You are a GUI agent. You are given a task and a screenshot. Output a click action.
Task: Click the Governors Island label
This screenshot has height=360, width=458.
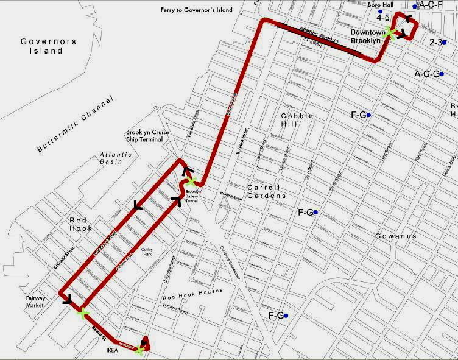point(48,46)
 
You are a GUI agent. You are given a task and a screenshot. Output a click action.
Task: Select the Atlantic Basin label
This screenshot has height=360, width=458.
point(116,158)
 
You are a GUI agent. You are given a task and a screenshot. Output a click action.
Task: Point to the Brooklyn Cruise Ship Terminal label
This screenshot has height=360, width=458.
point(144,136)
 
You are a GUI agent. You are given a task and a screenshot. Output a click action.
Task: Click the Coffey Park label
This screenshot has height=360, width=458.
point(149,252)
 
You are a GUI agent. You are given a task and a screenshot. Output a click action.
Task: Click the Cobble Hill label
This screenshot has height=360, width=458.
point(297,119)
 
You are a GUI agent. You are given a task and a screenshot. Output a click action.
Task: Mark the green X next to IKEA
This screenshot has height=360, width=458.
point(139,350)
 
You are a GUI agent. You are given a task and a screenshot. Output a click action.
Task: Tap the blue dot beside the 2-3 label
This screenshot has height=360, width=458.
point(446,42)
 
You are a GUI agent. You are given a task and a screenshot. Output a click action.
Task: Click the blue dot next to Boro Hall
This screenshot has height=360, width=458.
point(380,12)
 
